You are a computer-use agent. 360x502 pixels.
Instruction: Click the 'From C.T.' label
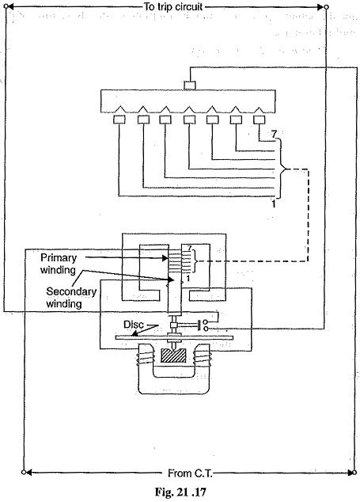(180, 473)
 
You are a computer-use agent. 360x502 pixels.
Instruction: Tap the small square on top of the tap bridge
(189, 85)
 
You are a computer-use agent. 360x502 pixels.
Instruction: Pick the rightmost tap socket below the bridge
(259, 120)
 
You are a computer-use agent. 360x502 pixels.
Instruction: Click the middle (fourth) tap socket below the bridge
(189, 120)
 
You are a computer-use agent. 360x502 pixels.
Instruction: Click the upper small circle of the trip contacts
(207, 321)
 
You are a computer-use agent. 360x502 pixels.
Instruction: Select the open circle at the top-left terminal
(6, 6)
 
